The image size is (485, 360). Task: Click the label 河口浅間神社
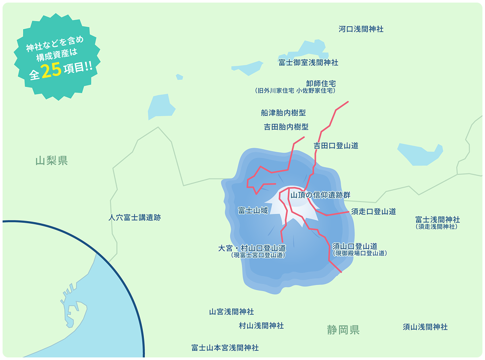pyautogui.click(x=361, y=29)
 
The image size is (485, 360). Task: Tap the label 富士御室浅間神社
pyautogui.click(x=308, y=62)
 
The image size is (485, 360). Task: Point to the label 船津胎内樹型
pyautogui.click(x=283, y=113)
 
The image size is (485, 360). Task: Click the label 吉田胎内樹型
pyautogui.click(x=286, y=127)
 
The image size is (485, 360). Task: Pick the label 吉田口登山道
pyautogui.click(x=336, y=146)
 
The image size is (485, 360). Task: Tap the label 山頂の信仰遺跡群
pyautogui.click(x=320, y=195)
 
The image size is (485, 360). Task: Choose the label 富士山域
pyautogui.click(x=253, y=210)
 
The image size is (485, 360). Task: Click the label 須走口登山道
pyautogui.click(x=374, y=211)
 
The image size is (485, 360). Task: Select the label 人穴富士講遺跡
pyautogui.click(x=135, y=218)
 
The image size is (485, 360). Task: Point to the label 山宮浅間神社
pyautogui.click(x=231, y=312)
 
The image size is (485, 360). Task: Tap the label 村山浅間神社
pyautogui.click(x=261, y=326)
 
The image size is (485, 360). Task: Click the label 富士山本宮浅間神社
pyautogui.click(x=225, y=348)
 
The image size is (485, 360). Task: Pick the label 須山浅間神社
pyautogui.click(x=425, y=327)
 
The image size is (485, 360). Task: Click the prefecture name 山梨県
pyautogui.click(x=51, y=161)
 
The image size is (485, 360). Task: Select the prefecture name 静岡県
pyautogui.click(x=343, y=330)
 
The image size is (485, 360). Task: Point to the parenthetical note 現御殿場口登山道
pyautogui.click(x=360, y=253)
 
